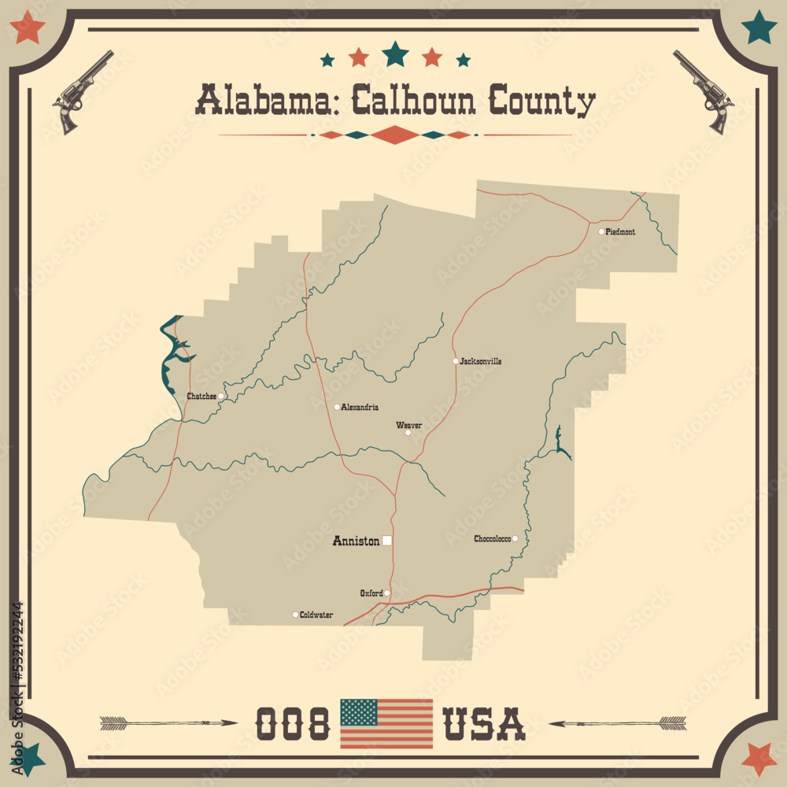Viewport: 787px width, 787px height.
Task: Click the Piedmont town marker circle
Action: (601, 231)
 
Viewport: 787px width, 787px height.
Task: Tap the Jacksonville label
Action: (481, 361)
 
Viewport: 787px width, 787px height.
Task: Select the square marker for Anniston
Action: (387, 541)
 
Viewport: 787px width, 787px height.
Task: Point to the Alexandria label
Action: (360, 408)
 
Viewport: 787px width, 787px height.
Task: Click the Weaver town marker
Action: (408, 432)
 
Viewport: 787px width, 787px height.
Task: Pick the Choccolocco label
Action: (492, 539)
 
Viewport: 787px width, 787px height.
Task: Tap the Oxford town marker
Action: (387, 593)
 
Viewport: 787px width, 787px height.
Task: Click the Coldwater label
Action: (316, 615)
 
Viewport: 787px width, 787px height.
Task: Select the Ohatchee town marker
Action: (222, 396)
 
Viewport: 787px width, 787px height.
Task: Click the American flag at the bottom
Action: (386, 723)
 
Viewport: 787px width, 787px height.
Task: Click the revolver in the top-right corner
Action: (704, 91)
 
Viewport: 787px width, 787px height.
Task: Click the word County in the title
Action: (542, 102)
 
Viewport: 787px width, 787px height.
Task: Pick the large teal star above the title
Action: (395, 54)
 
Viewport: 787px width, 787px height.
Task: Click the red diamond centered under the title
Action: (393, 135)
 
